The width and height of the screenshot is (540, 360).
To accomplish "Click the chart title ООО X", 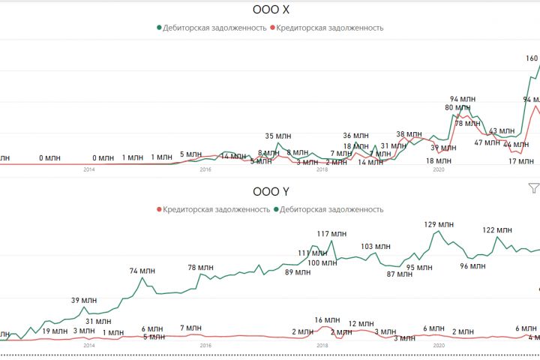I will pyautogui.click(x=270, y=10).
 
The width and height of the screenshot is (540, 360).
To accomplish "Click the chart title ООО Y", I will pyautogui.click(x=270, y=192).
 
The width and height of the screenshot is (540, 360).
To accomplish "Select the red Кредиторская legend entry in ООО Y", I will pyautogui.click(x=213, y=209).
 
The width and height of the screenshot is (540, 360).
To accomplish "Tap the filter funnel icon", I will pyautogui.click(x=533, y=188).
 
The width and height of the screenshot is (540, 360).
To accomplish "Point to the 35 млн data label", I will pyautogui.click(x=278, y=136).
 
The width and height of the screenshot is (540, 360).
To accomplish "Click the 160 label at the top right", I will pyautogui.click(x=531, y=58).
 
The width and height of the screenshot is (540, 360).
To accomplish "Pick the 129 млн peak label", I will pyautogui.click(x=439, y=224).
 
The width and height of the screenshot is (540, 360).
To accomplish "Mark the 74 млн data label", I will pyautogui.click(x=143, y=271).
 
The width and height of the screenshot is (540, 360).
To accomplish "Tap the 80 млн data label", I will pyautogui.click(x=458, y=107).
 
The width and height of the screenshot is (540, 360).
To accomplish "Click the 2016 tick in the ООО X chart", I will pyautogui.click(x=205, y=170).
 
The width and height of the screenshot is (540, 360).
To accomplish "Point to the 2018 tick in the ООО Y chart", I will pyautogui.click(x=322, y=346).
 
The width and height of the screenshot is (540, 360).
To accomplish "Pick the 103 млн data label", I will pyautogui.click(x=376, y=246).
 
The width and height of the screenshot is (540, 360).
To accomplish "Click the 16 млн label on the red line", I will pyautogui.click(x=328, y=320).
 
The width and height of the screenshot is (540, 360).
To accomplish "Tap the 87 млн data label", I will pyautogui.click(x=400, y=274).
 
